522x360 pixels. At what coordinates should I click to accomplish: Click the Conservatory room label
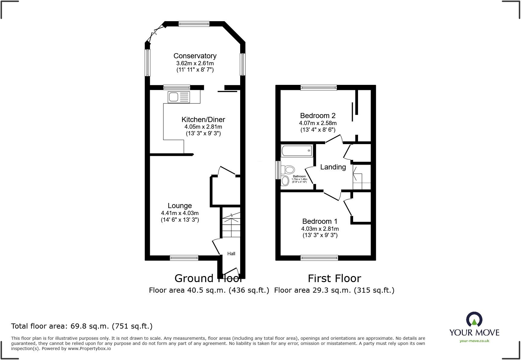pyautogui.click(x=195, y=56)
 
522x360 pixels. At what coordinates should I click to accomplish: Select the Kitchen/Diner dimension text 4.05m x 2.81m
pyautogui.click(x=203, y=127)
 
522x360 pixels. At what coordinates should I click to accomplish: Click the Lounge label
pyautogui.click(x=180, y=206)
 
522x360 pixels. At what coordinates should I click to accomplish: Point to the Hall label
pyautogui.click(x=231, y=254)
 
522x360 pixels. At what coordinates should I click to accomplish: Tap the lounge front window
pyautogui.click(x=184, y=258)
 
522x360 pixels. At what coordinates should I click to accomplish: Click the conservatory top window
pyautogui.click(x=194, y=24)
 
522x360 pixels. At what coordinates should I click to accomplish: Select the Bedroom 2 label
pyautogui.click(x=318, y=116)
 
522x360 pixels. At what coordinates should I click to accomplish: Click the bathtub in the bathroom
pyautogui.click(x=297, y=150)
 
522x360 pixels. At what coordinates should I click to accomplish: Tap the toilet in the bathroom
pyautogui.click(x=288, y=169)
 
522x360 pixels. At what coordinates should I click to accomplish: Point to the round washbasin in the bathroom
pyautogui.click(x=285, y=181)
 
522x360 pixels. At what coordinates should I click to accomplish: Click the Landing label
pyautogui.click(x=333, y=167)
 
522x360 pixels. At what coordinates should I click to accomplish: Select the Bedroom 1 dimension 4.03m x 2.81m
pyautogui.click(x=320, y=229)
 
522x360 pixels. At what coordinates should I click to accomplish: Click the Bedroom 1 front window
pyautogui.click(x=319, y=258)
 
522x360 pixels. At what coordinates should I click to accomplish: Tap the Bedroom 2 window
pyautogui.click(x=319, y=88)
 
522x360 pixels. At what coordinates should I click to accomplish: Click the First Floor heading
pyautogui.click(x=334, y=278)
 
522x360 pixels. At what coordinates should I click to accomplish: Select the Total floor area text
pyautogui.click(x=82, y=326)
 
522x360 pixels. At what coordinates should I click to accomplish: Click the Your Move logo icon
pyautogui.click(x=474, y=320)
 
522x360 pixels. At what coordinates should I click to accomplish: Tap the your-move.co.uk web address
pyautogui.click(x=474, y=341)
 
